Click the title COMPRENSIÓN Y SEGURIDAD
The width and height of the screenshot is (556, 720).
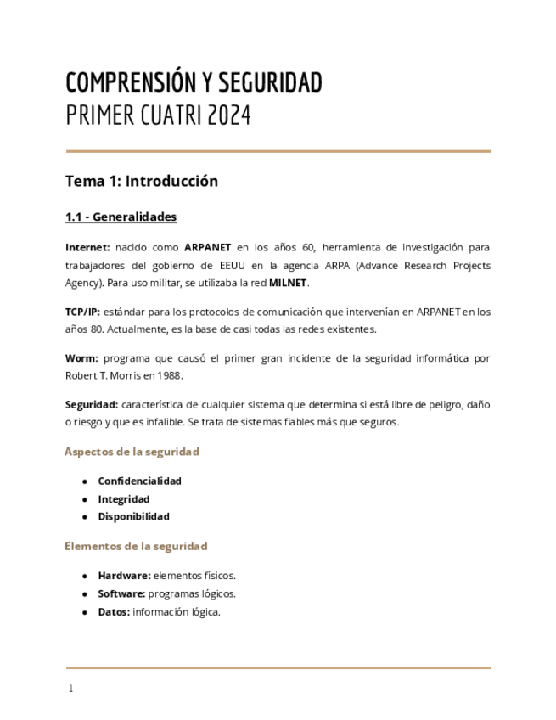[x=194, y=83]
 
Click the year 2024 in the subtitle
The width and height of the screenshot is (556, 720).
[x=228, y=115]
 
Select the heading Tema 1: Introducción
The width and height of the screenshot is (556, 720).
[x=142, y=181]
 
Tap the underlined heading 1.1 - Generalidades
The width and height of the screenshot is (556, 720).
[x=121, y=217]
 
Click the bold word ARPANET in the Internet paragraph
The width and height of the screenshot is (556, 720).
[x=207, y=247]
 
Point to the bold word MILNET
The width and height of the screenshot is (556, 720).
[x=289, y=283]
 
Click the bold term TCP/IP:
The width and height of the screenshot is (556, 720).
[x=82, y=312]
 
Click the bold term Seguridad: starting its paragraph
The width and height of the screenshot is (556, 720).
[x=92, y=405]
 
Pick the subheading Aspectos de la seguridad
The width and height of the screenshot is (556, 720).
[x=132, y=452]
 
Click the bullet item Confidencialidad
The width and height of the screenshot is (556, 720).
[x=139, y=481]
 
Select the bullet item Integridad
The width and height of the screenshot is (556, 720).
[x=123, y=499]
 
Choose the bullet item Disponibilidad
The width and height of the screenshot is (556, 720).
[x=133, y=516]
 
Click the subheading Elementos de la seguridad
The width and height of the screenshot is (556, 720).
[x=136, y=546]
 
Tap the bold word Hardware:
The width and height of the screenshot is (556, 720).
[x=124, y=576]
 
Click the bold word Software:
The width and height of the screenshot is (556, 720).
[x=121, y=593]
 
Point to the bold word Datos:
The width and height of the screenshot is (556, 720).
[x=113, y=611]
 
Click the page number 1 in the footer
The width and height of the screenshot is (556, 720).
[x=70, y=689]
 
